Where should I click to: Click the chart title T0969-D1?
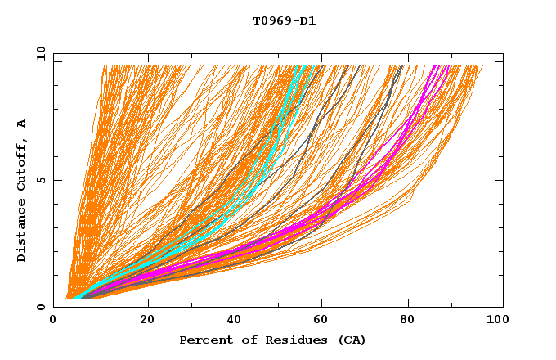tap(284, 21)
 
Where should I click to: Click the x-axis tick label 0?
tap(53, 320)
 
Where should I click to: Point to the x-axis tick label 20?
tap(147, 320)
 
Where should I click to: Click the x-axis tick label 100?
tap(493, 320)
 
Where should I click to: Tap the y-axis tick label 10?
tap(39, 53)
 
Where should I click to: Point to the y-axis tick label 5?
tap(43, 180)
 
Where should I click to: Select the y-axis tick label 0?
tap(43, 307)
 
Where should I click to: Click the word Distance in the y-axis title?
tap(22, 233)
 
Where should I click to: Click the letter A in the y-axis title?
tap(22, 124)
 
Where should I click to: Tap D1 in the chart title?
tap(307, 21)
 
